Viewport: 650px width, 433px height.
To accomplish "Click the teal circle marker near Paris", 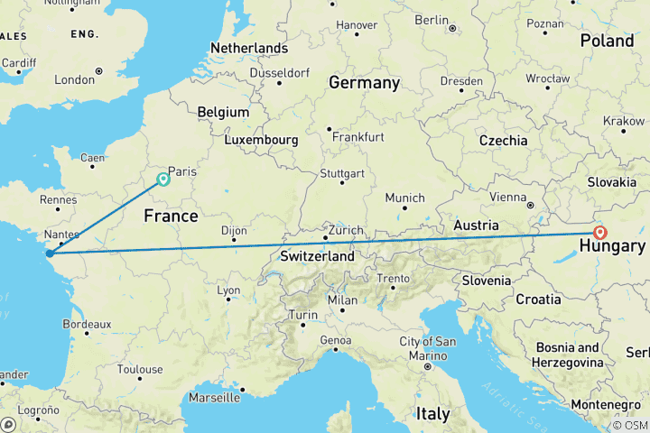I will tap(163, 179).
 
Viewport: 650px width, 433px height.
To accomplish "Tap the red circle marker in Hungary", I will tap(600, 232).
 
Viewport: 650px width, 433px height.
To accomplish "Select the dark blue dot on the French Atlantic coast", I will tap(51, 253).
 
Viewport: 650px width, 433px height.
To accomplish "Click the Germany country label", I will tap(364, 83).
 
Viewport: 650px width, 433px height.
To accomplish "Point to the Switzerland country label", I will tap(317, 256).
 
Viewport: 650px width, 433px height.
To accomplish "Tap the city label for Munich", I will tap(404, 198).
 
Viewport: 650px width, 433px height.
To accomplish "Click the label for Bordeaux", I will tap(88, 324).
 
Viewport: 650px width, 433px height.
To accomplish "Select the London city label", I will tap(74, 79).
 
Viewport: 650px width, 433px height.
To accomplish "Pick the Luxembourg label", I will tap(263, 140).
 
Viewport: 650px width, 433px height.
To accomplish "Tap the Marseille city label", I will tap(214, 397).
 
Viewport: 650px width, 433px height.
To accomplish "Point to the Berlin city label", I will tap(432, 20).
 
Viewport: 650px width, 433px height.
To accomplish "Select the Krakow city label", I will tap(624, 120).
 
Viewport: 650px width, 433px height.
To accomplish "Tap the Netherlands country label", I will tap(249, 48).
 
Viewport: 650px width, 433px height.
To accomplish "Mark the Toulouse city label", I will tap(140, 369).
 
